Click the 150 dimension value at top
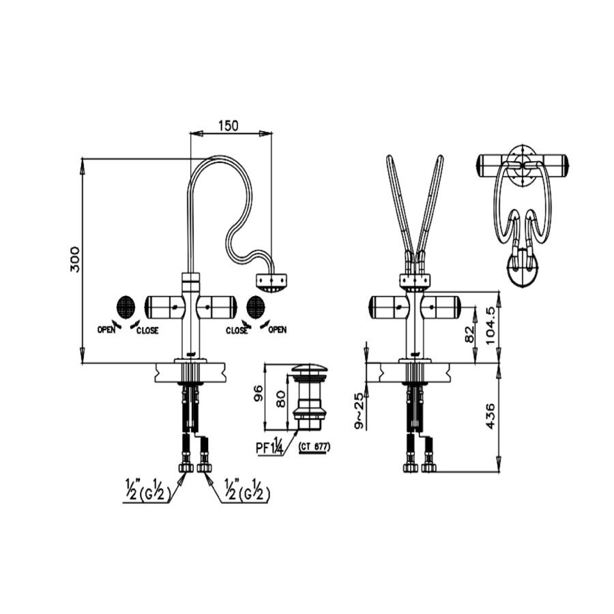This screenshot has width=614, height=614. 229,126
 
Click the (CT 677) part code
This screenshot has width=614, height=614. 315,447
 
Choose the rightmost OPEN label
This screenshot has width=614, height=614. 277,330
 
